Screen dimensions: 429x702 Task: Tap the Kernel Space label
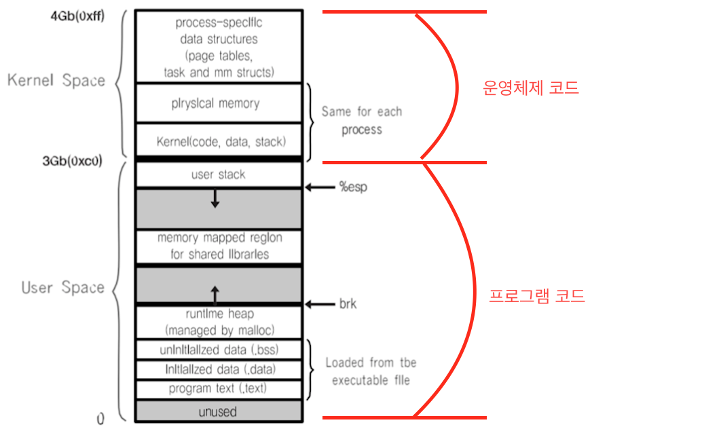coord(56,80)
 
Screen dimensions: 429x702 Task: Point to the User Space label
coord(62,287)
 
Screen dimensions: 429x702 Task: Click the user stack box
coord(218,174)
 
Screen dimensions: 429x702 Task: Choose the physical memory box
coord(215,103)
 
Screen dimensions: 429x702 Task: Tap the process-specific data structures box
coord(219,46)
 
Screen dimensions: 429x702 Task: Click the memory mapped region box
coord(219,246)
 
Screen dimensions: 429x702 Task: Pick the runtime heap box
coord(219,322)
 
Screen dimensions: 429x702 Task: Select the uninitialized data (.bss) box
coord(219,350)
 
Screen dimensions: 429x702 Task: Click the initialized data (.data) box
coord(219,369)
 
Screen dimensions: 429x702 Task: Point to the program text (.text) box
coord(219,390)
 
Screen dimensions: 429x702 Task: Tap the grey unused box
coord(218,411)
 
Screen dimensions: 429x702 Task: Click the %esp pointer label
coord(352,187)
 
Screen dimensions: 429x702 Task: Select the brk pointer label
coord(348,304)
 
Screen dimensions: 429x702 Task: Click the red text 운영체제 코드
coord(530,88)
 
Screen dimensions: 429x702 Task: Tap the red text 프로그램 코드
coord(536,296)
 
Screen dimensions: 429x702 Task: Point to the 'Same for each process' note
coord(362,120)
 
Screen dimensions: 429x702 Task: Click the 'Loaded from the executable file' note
coord(371,371)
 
